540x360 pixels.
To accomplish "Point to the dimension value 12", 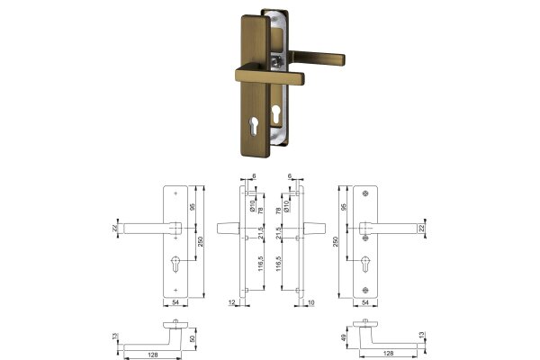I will tap(232, 303).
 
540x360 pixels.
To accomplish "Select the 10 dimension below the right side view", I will tap(311, 303).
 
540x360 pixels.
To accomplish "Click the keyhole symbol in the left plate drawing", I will tap(176, 266).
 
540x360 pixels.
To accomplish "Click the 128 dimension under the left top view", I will tap(154, 355).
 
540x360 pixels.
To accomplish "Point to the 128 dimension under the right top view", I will tap(387, 355).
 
